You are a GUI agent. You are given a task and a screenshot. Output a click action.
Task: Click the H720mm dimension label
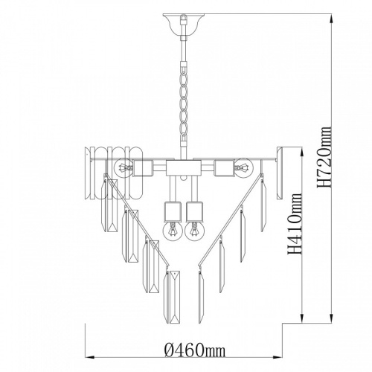coord(324,157)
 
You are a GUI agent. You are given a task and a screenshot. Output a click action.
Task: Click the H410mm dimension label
coord(295,224)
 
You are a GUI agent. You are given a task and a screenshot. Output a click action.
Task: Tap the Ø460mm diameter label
coord(195,350)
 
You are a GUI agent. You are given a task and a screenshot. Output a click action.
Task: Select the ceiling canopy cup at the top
coord(184,24)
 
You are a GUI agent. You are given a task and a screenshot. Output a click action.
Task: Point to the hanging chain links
coord(184,102)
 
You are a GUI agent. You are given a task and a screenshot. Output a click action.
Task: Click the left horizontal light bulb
coord(124,168)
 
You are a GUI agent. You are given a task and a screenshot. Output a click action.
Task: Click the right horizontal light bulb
coord(244,168)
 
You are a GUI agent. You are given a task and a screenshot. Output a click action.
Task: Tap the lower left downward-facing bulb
coord(173,231)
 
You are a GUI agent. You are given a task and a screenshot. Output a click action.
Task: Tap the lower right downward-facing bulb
coord(194,231)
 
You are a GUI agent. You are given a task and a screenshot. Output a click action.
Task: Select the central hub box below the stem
coord(184,168)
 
